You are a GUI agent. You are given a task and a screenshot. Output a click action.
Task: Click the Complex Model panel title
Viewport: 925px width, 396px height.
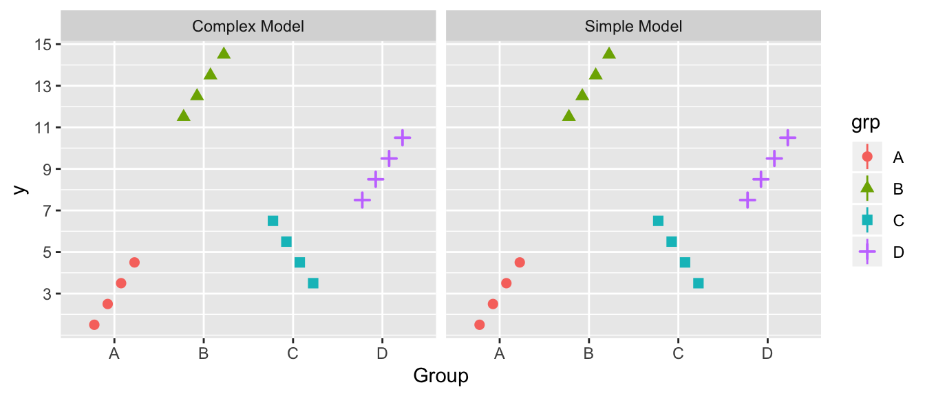[x=248, y=27]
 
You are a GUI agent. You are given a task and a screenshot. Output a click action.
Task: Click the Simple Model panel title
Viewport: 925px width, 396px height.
[x=633, y=27]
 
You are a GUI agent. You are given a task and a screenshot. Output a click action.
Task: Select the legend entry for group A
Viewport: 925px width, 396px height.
[x=867, y=157]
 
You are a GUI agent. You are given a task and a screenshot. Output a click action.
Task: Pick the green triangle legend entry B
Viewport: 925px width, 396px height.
[x=867, y=189]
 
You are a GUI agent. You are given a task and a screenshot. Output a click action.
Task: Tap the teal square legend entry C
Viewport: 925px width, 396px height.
[x=867, y=220]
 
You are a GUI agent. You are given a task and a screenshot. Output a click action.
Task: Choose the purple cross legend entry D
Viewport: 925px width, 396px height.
[x=867, y=252]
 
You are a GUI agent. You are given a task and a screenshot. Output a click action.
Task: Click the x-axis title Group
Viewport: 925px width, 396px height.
[x=440, y=376]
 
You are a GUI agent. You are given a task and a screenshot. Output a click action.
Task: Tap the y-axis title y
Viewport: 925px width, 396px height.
[x=21, y=189]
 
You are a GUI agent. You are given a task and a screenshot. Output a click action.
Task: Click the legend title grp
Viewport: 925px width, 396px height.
[x=865, y=124]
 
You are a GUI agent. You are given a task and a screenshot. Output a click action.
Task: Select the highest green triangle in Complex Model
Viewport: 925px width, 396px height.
[x=224, y=53]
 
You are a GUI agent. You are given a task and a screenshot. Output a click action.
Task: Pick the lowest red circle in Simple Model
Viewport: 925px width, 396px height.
[x=480, y=324]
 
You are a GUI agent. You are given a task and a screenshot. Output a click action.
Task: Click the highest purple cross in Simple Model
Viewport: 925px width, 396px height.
[x=787, y=137]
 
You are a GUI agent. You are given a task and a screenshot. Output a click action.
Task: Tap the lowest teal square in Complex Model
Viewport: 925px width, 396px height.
[x=313, y=283]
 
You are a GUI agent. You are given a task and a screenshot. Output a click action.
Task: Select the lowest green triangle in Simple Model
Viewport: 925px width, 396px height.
[x=569, y=115]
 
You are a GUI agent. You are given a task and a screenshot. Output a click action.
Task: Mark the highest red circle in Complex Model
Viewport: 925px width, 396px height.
[x=134, y=263]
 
